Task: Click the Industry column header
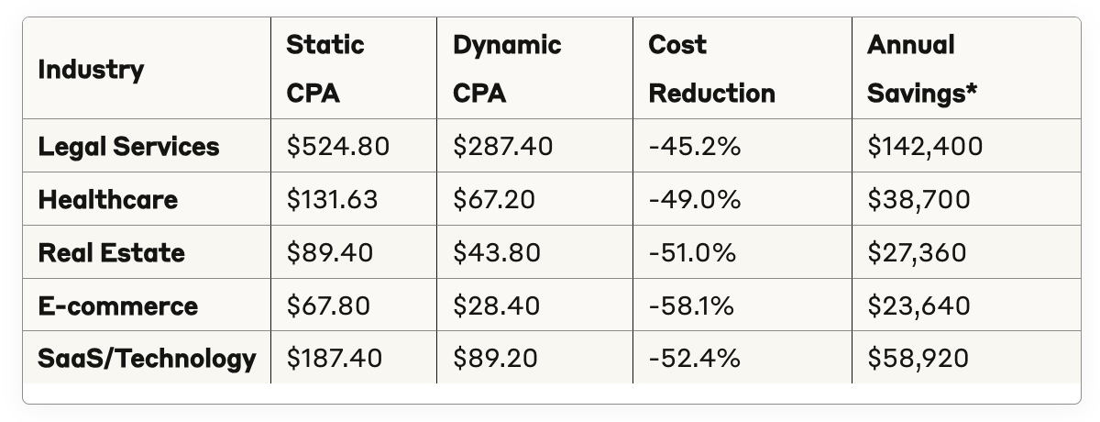click(x=91, y=70)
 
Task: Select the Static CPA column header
click(x=325, y=69)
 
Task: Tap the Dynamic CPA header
click(x=507, y=69)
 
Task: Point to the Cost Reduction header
click(x=711, y=69)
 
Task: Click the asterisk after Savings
click(x=972, y=88)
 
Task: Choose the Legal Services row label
click(x=128, y=147)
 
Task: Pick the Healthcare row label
click(x=108, y=199)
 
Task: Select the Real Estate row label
click(x=112, y=252)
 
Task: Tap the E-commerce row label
click(x=118, y=305)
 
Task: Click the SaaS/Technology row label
click(x=147, y=358)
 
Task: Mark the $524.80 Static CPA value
click(x=338, y=147)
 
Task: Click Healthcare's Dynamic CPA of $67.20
click(x=494, y=199)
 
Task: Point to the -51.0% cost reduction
click(x=692, y=252)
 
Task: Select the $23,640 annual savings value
click(x=918, y=305)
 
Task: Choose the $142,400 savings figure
click(x=925, y=147)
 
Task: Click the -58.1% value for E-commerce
click(x=691, y=305)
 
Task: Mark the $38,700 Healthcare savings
click(x=918, y=199)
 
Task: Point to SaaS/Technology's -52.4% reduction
click(x=695, y=358)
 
